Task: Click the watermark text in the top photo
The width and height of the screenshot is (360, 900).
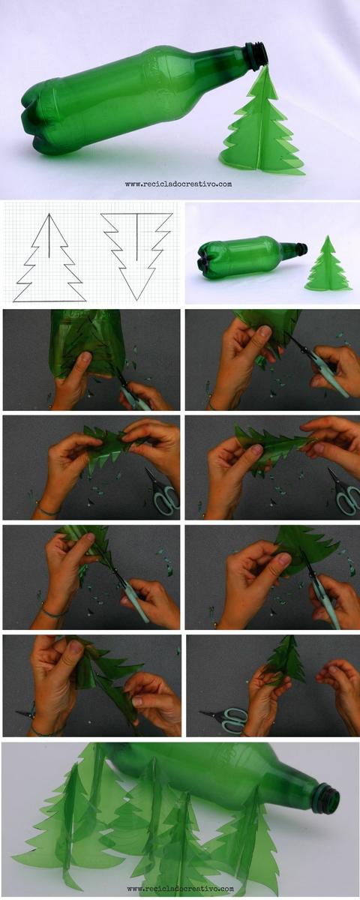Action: tap(178, 184)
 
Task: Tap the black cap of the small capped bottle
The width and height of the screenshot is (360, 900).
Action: tap(301, 248)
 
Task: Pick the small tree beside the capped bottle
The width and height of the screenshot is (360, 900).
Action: tap(327, 266)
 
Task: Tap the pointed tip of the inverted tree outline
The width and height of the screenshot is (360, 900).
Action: tap(137, 299)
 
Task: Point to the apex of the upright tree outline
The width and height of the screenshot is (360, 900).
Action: tap(49, 214)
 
